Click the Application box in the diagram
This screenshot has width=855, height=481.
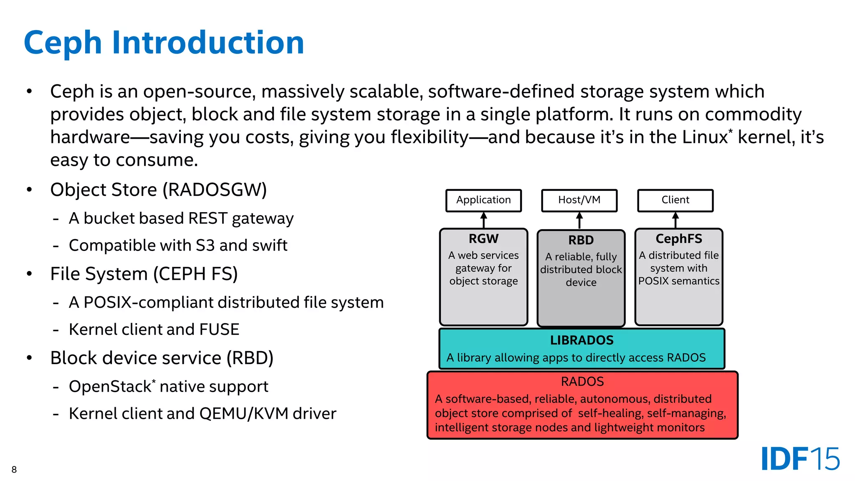click(x=483, y=200)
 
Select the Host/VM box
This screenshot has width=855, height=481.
click(x=579, y=200)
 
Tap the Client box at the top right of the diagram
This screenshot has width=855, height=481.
click(x=675, y=200)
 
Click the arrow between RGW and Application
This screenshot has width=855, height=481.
click(x=484, y=220)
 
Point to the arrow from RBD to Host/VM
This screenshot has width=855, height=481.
click(x=579, y=220)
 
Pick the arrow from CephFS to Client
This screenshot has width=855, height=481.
click(x=675, y=220)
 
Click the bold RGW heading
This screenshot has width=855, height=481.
click(x=483, y=239)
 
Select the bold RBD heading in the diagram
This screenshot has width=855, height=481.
click(x=581, y=240)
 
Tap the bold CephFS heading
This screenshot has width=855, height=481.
click(x=679, y=239)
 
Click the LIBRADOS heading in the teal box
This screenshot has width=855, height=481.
click(x=582, y=340)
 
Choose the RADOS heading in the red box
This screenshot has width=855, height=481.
click(x=582, y=382)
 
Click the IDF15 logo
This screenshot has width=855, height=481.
click(x=800, y=459)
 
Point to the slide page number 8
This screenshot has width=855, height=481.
click(x=14, y=470)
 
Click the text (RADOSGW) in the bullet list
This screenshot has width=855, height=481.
click(x=215, y=190)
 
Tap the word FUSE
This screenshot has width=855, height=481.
click(x=219, y=329)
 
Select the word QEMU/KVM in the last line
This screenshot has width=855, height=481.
click(x=244, y=414)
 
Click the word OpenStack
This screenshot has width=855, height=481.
click(x=110, y=387)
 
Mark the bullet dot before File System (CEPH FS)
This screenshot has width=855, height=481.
click(x=29, y=274)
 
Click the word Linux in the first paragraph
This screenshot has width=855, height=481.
click(x=705, y=137)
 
